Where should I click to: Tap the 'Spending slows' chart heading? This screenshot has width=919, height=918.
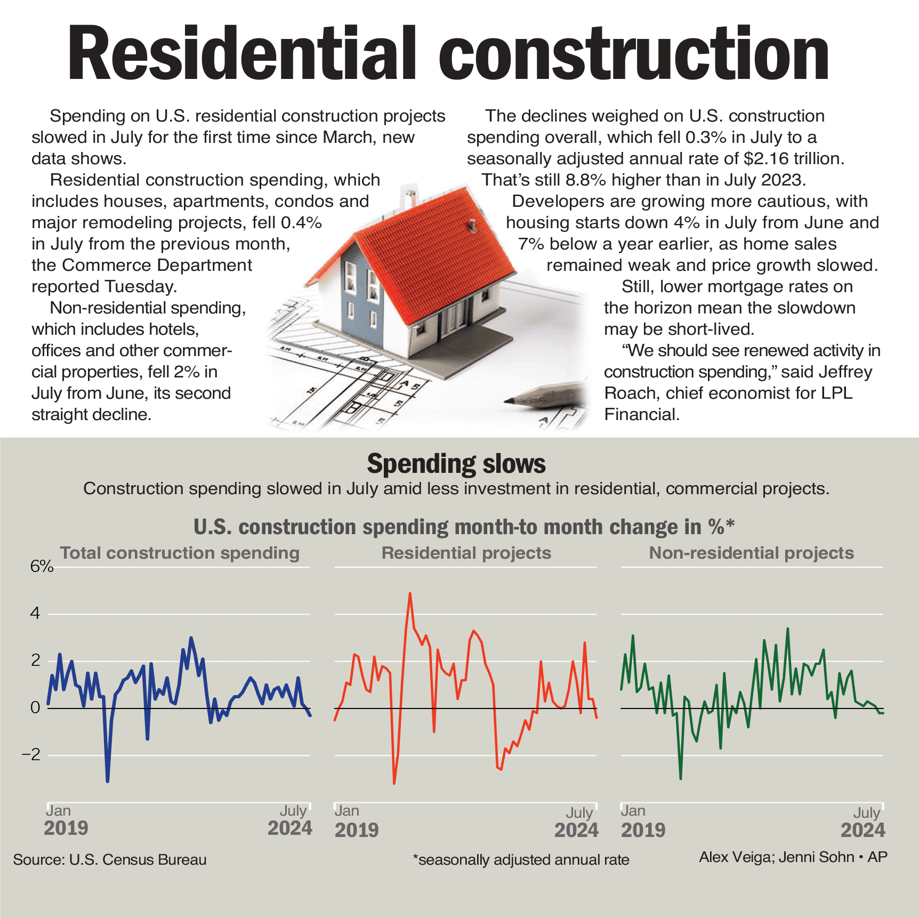pos(456,464)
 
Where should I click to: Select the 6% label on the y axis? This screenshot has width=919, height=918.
pos(42,566)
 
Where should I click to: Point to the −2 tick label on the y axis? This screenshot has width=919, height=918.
pos(31,754)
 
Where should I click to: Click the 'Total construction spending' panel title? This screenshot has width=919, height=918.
pos(180,553)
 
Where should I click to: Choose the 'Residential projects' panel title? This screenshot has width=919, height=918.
pos(466,553)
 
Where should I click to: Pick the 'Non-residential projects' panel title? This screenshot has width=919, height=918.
pos(751,553)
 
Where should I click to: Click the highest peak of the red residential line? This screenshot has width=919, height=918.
pos(410,593)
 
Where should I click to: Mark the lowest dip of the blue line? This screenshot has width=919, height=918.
pos(108,781)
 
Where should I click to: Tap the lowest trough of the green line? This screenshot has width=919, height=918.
pos(681,778)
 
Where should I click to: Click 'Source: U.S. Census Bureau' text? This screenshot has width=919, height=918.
pos(110,860)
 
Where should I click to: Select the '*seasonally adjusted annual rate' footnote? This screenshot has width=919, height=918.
pos(521,860)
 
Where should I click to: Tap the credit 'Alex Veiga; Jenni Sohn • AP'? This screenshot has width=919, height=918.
pos(793,857)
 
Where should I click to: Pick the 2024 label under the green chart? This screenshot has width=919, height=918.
pos(862,830)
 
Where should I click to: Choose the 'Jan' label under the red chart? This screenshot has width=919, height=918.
pos(347,811)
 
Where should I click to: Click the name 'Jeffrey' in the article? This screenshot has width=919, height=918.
pos(846,372)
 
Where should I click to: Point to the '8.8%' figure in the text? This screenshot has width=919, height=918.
pos(586,180)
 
